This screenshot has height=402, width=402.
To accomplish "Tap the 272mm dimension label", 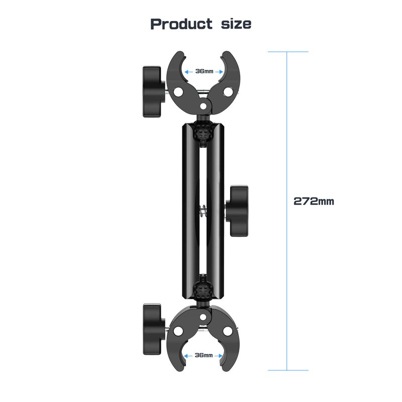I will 314,201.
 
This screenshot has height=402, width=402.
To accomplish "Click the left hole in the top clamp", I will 179,92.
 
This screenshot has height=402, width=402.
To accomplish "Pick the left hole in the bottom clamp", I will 179,331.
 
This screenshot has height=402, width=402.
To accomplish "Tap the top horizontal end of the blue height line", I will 287,52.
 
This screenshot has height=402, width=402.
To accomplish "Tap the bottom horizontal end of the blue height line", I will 287,370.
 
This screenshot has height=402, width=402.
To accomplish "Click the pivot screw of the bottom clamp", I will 204,318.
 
